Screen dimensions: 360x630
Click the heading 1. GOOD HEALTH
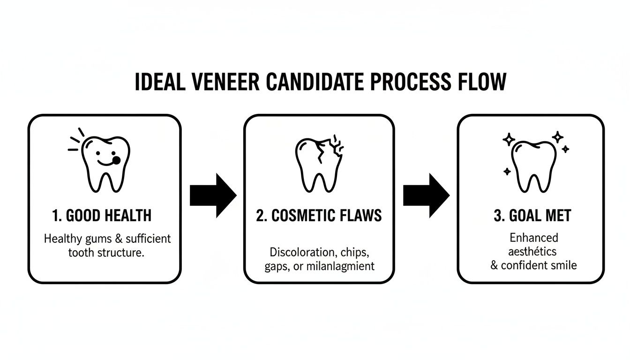pos(102,216)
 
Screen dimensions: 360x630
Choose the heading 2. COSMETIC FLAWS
pos(319,216)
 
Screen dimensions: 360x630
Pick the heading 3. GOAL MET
pos(532,216)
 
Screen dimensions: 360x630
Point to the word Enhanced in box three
pos(533,238)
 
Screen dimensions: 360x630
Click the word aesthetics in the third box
pos(533,252)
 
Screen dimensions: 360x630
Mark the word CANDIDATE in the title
pos(315,82)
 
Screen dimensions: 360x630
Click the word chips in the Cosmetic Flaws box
pos(355,252)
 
